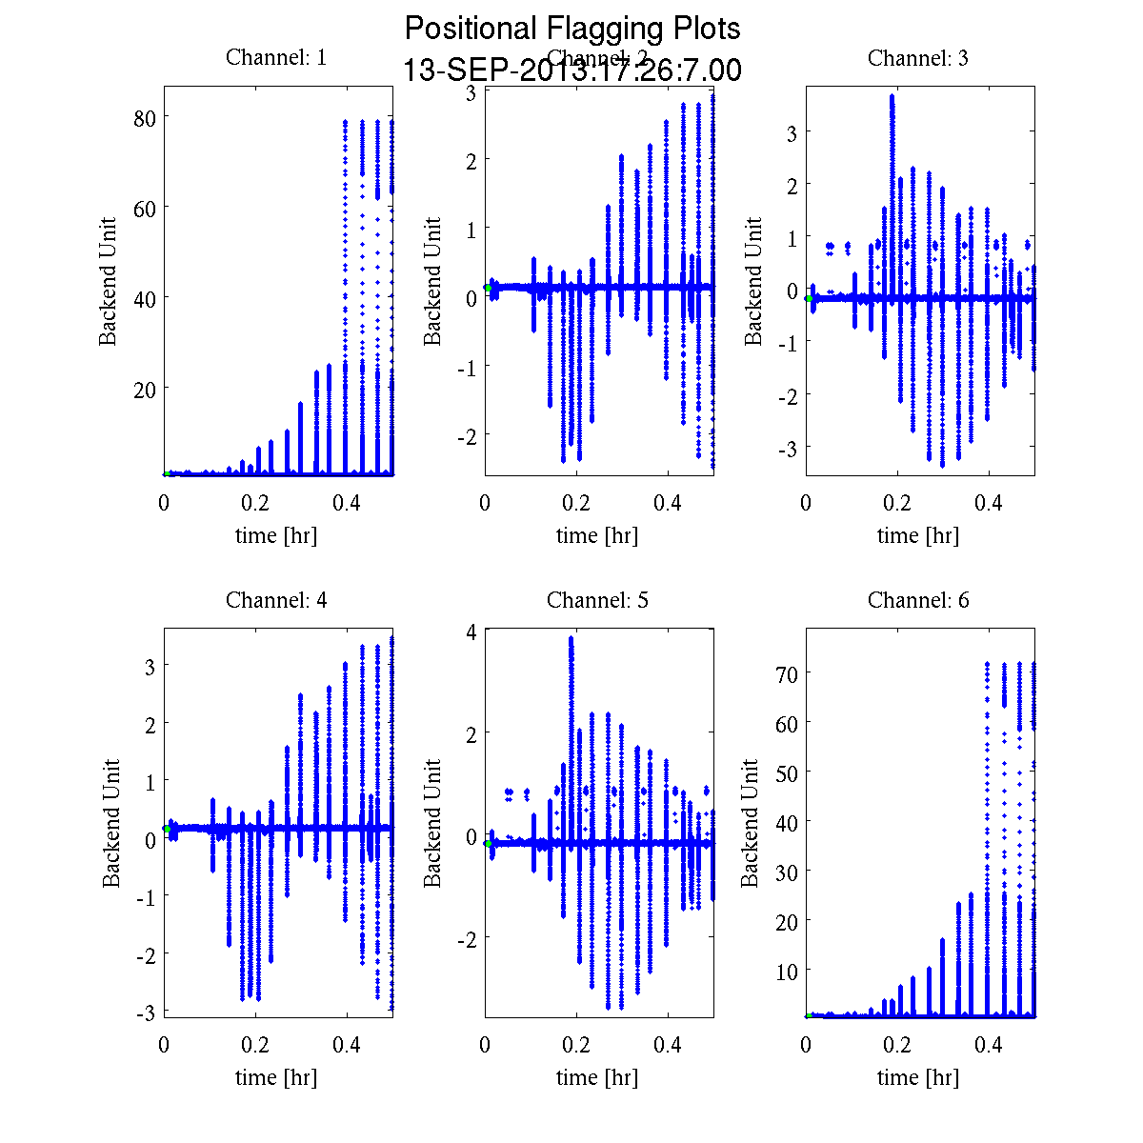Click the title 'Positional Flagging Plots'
coord(572,29)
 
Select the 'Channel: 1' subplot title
coord(276,57)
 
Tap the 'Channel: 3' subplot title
coord(918,58)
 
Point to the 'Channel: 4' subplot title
coord(276,600)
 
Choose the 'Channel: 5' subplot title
coord(597,600)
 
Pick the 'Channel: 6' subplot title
coord(918,600)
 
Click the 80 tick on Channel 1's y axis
coord(145,117)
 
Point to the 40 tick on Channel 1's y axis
coord(145,298)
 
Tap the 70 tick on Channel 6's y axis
coord(787,672)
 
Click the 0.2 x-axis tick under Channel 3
coord(897,503)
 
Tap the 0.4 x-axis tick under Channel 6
coord(989,1045)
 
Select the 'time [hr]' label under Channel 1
coord(276,535)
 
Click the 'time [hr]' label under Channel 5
coord(597,1077)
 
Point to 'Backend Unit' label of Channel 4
coord(111,823)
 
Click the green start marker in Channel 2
coord(488,287)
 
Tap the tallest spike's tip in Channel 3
coord(892,95)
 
